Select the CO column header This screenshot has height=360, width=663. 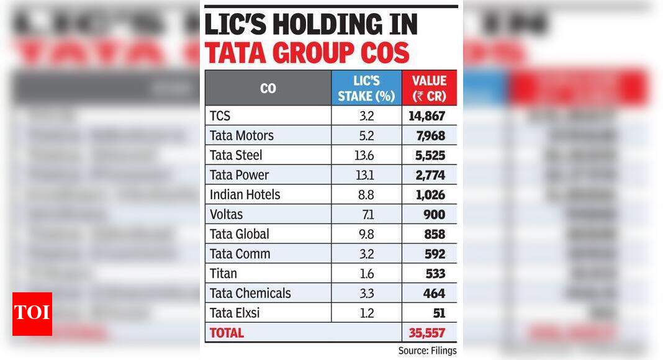(268, 88)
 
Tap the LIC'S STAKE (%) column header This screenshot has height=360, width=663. (366, 88)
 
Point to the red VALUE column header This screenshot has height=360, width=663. (429, 88)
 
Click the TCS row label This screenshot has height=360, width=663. (221, 115)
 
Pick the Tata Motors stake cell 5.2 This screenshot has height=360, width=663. (366, 135)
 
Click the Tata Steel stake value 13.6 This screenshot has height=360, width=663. (366, 155)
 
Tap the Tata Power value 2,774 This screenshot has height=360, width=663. (429, 175)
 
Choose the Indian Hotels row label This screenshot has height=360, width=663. (245, 195)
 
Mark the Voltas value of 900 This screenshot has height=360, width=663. (434, 214)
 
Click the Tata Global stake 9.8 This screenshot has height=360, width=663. (366, 234)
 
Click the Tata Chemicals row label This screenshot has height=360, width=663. (250, 293)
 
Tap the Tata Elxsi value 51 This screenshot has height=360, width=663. (438, 313)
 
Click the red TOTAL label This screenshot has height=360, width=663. (227, 333)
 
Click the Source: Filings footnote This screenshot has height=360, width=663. (427, 351)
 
